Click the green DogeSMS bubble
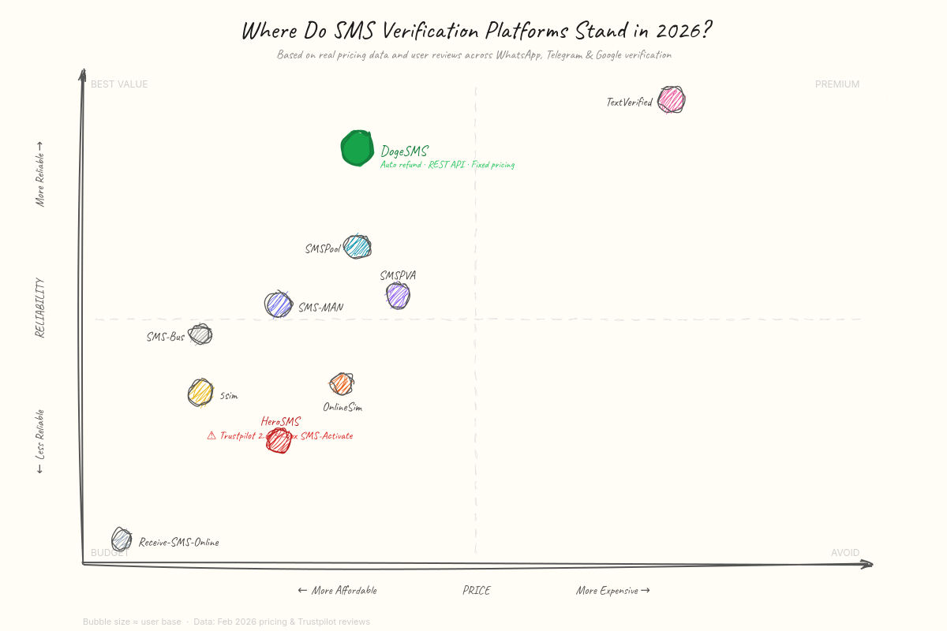click(357, 148)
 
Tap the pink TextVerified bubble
click(672, 100)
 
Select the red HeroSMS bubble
click(278, 440)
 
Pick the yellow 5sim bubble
click(200, 392)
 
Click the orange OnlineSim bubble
click(341, 384)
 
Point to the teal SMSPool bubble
click(357, 247)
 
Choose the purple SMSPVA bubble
click(398, 296)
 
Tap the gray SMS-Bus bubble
click(200, 334)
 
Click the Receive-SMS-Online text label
click(178, 543)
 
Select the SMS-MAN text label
click(320, 308)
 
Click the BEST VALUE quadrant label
click(119, 84)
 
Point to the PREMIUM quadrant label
click(837, 84)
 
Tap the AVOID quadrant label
click(844, 553)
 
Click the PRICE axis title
click(476, 591)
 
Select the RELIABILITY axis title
click(40, 308)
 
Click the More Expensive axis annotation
click(612, 591)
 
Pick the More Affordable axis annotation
click(337, 591)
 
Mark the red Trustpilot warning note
click(280, 435)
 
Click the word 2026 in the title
click(683, 31)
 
